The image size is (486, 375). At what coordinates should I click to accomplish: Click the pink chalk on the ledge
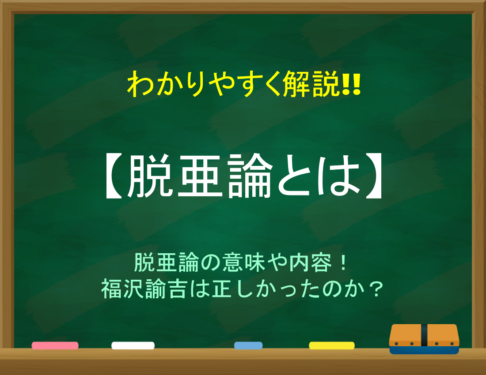tap(55, 345)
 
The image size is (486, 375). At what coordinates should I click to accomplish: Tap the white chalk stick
tap(133, 345)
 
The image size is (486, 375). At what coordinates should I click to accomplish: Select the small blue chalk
tap(248, 345)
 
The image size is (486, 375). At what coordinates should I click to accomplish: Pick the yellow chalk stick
tap(332, 345)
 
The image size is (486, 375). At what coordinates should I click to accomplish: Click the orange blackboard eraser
tap(424, 339)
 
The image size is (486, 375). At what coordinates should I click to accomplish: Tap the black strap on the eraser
tap(424, 335)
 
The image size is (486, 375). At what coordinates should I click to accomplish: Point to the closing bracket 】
tap(374, 176)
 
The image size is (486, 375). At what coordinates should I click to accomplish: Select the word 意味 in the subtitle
tap(233, 263)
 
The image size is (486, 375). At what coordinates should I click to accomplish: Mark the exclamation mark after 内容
tap(343, 263)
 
